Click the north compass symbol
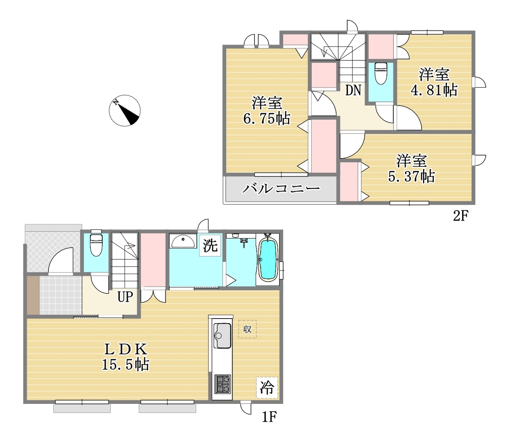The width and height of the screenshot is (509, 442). (x=124, y=110)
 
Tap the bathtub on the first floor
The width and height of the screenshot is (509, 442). (x=268, y=260)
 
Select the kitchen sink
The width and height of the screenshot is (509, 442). (x=222, y=336)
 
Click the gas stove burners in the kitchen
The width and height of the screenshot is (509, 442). (x=222, y=384)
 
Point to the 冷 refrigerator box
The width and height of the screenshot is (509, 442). (x=267, y=388)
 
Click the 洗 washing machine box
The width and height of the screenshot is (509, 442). (x=210, y=245)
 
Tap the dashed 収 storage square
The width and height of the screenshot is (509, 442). (x=247, y=329)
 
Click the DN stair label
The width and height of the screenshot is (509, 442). (x=353, y=90)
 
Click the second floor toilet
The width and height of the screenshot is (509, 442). (x=381, y=73)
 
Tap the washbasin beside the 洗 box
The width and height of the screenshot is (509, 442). (x=183, y=241)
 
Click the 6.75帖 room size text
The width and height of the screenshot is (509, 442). (x=266, y=119)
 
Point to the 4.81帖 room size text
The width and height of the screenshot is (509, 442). (x=434, y=90)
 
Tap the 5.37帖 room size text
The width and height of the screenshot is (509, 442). (x=412, y=176)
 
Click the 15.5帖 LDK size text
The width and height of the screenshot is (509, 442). (x=126, y=365)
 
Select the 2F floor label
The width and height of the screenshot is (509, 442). (x=461, y=216)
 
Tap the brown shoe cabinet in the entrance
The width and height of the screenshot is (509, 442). (x=33, y=295)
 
